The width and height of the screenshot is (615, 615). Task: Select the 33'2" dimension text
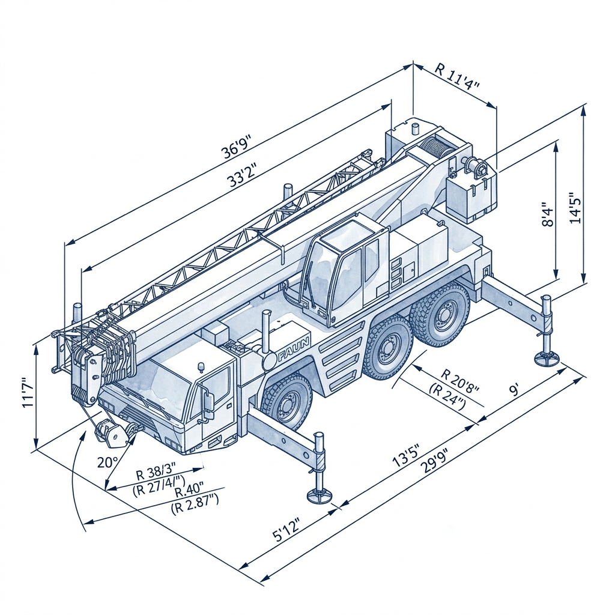[242, 176]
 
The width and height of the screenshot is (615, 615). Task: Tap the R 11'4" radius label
[456, 76]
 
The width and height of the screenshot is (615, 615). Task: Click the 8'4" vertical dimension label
[547, 214]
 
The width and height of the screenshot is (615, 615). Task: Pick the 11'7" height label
[26, 393]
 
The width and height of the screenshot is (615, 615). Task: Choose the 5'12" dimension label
[286, 533]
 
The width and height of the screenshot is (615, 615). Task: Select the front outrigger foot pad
[319, 496]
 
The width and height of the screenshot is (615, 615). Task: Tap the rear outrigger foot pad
[547, 359]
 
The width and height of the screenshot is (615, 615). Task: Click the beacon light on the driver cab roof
[201, 366]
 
